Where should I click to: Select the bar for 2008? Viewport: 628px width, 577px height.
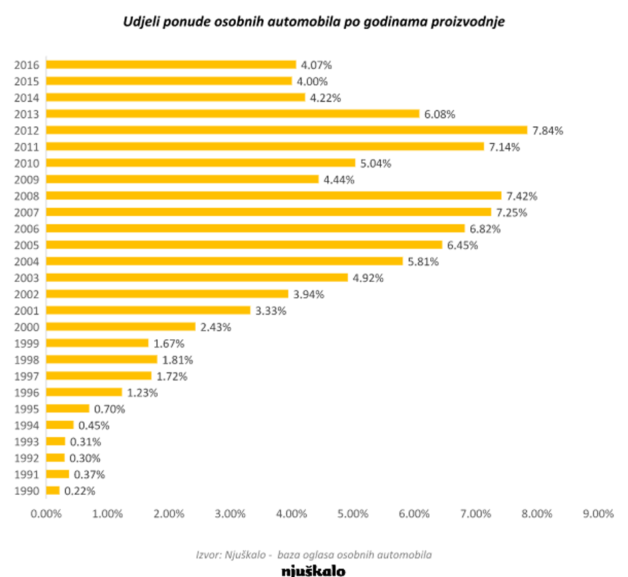coord(273,196)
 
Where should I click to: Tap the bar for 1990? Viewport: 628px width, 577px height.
coord(53,491)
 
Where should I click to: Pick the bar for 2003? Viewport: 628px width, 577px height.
coord(196,278)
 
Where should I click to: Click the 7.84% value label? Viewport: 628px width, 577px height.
coord(548,131)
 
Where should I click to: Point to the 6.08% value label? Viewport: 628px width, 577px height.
coord(440,114)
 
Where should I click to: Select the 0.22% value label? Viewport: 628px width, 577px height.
coord(80,491)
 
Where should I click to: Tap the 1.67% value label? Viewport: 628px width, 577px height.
coord(169,343)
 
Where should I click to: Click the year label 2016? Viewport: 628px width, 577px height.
coord(27,65)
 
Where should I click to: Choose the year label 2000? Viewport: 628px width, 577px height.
coord(27,327)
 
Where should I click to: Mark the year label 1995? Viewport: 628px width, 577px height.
coord(27,409)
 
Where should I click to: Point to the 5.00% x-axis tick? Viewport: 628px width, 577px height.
coord(353,514)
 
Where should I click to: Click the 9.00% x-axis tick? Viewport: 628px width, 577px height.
coord(598,514)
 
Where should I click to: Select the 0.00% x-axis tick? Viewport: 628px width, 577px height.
coord(45,514)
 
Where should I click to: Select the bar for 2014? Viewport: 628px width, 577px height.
coord(175,98)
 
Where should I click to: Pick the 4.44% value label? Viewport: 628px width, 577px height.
coord(339,180)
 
